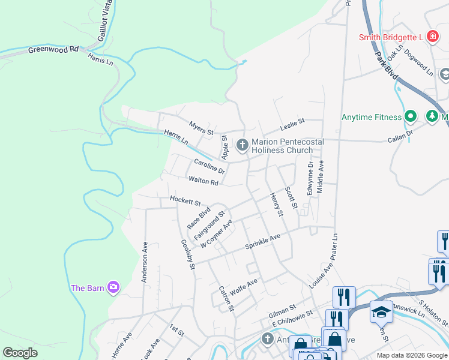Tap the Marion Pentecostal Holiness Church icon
click(x=243, y=145)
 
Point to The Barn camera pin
click(x=113, y=287)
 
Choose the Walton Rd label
click(x=202, y=181)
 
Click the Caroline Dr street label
click(x=209, y=166)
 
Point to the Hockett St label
click(x=184, y=200)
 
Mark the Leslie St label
click(x=292, y=124)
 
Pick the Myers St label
click(x=201, y=128)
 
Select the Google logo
click(x=20, y=353)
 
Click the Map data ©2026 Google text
click(x=411, y=355)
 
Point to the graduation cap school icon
click(x=381, y=311)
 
